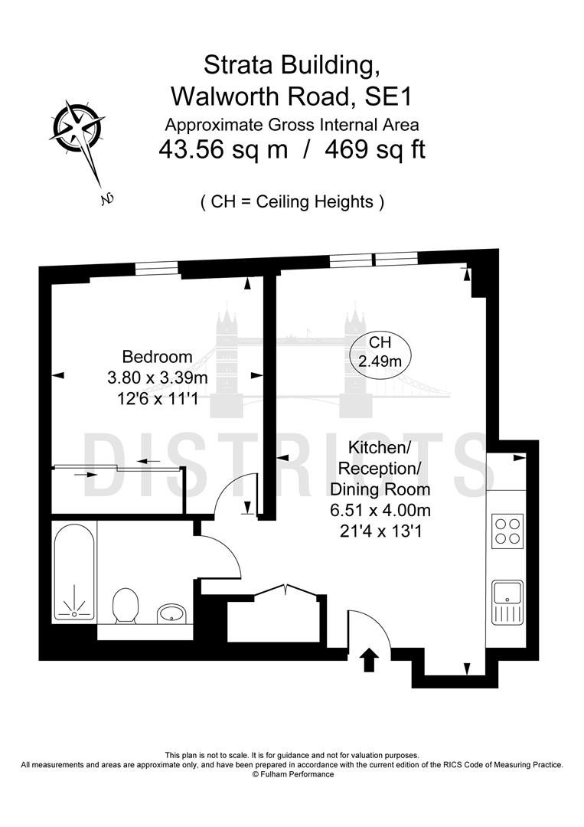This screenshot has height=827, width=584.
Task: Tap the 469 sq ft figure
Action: (x=375, y=149)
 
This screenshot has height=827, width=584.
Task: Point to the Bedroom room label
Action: (x=157, y=357)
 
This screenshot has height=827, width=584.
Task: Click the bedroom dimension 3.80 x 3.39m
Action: (x=158, y=378)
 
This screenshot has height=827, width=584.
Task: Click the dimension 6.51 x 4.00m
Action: (x=380, y=509)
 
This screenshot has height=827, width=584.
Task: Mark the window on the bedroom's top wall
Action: (x=156, y=267)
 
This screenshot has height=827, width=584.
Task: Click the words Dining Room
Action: (x=380, y=489)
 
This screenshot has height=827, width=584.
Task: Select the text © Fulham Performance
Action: (x=292, y=774)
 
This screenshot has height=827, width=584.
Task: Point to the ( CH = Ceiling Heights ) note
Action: (x=292, y=202)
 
